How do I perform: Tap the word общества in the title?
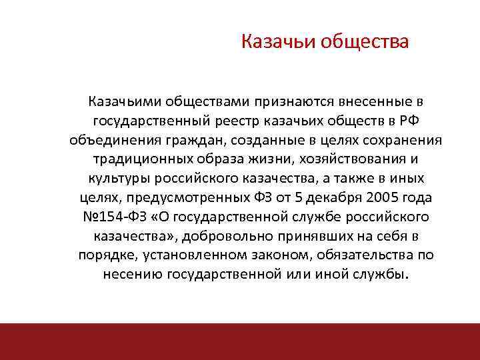(365, 43)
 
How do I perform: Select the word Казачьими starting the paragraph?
(124, 102)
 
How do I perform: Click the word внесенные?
(369, 102)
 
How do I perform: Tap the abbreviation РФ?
(401, 121)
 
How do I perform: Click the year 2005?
(380, 198)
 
